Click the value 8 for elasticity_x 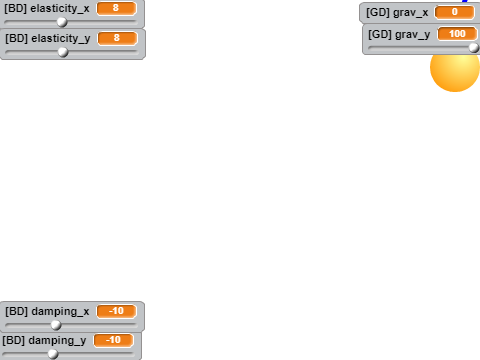point(116,8)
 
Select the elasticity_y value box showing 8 point(117,38)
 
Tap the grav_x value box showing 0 point(455,12)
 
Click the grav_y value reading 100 point(457,34)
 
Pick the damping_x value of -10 point(116,311)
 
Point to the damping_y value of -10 point(114,340)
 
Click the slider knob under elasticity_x point(62,22)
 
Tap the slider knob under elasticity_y point(63,52)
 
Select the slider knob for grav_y point(474,48)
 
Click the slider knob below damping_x point(56,325)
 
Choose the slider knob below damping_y point(53,354)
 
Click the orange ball point(455,68)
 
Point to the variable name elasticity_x point(60,8)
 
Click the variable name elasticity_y point(61,39)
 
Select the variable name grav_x point(411,13)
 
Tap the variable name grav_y point(413,35)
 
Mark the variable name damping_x point(60,311)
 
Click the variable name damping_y point(57,341)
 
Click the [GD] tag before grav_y point(380,34)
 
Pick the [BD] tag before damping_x point(16,311)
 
